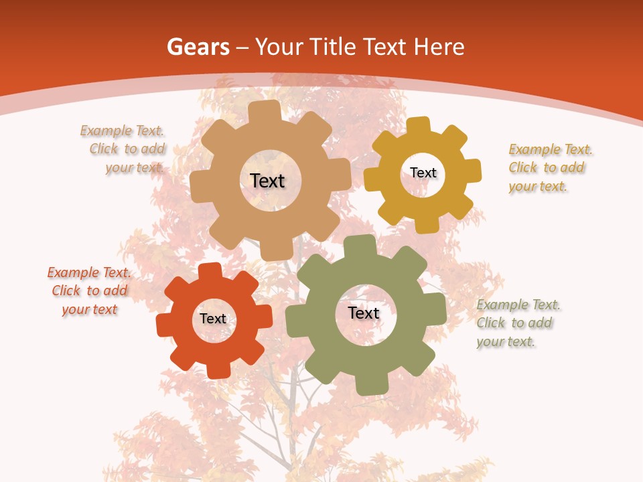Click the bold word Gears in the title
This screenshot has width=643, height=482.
198,47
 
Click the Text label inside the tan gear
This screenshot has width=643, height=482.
267,181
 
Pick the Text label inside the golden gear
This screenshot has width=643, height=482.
423,173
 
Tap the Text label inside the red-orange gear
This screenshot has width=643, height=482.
213,319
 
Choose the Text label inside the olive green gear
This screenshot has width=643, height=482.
364,313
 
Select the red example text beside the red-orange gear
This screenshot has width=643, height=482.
89,291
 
